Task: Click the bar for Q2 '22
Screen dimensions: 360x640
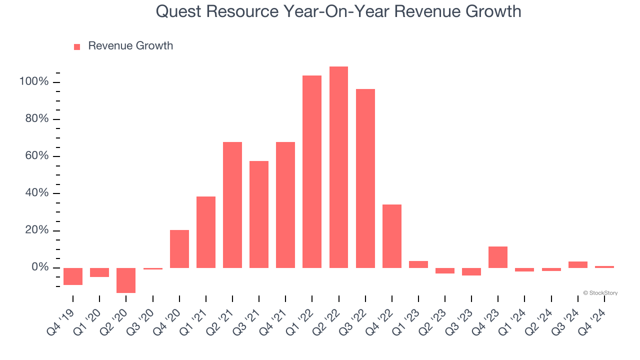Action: point(338,167)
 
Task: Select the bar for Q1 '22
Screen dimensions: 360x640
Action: point(312,171)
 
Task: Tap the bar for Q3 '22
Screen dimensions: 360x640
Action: point(365,178)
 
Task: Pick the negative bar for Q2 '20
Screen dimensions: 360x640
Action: point(126,280)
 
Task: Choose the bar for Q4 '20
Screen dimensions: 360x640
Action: point(179,249)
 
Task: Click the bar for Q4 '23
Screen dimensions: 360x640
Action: point(498,257)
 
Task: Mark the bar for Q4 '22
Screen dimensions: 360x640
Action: point(392,236)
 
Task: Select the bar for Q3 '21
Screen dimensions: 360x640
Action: point(259,214)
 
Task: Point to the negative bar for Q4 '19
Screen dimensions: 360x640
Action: point(73,276)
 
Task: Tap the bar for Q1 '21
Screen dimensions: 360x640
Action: point(206,232)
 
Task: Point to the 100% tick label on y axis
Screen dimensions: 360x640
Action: point(34,82)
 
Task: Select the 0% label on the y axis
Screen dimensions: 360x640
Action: point(39,267)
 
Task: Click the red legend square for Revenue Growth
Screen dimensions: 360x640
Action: point(77,47)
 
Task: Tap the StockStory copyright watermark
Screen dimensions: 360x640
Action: point(600,293)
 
